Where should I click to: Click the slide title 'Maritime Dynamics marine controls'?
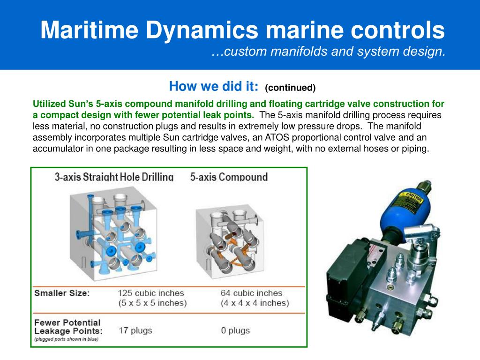point(242,30)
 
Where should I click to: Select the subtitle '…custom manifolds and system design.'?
point(328,52)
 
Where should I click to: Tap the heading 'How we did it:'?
point(213,86)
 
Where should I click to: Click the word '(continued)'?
point(290,88)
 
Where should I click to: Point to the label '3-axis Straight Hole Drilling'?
point(114,177)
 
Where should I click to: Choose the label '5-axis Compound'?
point(229,177)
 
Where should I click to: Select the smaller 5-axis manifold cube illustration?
point(230,239)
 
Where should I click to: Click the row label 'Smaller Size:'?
point(62,293)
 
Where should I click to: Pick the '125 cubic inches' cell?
point(150,293)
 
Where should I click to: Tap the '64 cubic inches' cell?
point(251,293)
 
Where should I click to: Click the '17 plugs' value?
point(135,330)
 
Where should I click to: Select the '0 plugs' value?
point(235,330)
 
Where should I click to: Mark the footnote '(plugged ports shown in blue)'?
point(66,339)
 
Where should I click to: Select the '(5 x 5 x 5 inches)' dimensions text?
point(152,303)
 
